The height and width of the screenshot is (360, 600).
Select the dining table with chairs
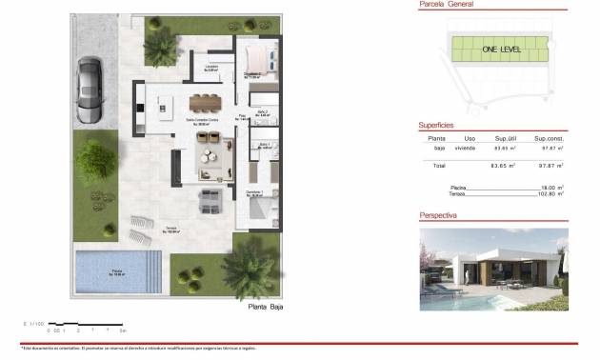point(205,101)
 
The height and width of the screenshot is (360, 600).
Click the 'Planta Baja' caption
point(266,308)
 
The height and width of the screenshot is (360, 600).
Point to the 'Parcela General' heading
point(447,5)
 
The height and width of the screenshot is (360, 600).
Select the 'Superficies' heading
point(436,125)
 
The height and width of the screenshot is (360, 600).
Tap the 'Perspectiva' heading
point(438,216)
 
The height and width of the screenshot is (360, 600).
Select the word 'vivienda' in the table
point(465,149)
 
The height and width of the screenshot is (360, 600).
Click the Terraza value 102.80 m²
point(549,195)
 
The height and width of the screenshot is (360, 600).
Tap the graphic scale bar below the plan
point(85,326)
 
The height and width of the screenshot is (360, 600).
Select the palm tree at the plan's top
point(162,43)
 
